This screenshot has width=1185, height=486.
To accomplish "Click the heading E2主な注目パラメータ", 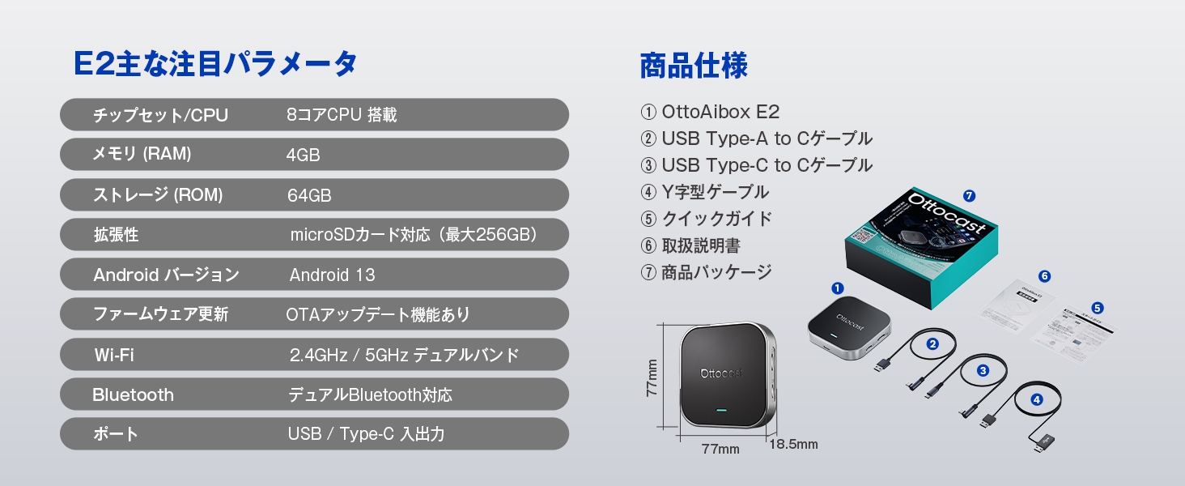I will pos(214,65).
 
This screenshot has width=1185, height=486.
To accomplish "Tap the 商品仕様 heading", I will pos(694,66).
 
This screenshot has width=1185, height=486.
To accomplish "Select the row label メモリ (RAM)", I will pos(142,154).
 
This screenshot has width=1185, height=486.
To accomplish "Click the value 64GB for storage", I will pos(309,195).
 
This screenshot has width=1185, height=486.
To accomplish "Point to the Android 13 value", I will pos(332,275).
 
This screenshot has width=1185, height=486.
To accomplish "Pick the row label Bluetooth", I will pos(133,395).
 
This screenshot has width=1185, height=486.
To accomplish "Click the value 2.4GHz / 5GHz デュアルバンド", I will pos(404,355).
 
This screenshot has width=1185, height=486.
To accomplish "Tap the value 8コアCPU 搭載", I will pos(342,115).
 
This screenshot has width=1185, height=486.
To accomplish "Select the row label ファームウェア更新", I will pos(160,314).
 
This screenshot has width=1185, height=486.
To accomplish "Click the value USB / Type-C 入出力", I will pos(366,434).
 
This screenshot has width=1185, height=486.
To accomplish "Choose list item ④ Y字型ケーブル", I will pos(704,192).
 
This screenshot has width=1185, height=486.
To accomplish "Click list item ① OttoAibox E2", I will pos(709,112).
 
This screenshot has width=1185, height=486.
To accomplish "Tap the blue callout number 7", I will pos(970,195).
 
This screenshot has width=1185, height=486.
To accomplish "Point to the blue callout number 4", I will pos(1037,399).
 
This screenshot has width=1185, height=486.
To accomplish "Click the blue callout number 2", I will pos(932,343).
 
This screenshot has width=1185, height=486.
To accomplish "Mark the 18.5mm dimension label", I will pos(792,444).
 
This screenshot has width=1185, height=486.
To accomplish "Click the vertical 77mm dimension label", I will pos(652,378).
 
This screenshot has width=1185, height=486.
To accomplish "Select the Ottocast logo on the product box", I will pos(946,214).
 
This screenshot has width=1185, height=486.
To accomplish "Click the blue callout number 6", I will pos(1044,276).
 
